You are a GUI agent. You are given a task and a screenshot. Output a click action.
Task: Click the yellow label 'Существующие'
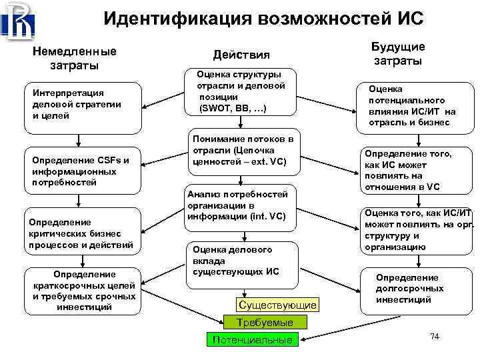(277, 305)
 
